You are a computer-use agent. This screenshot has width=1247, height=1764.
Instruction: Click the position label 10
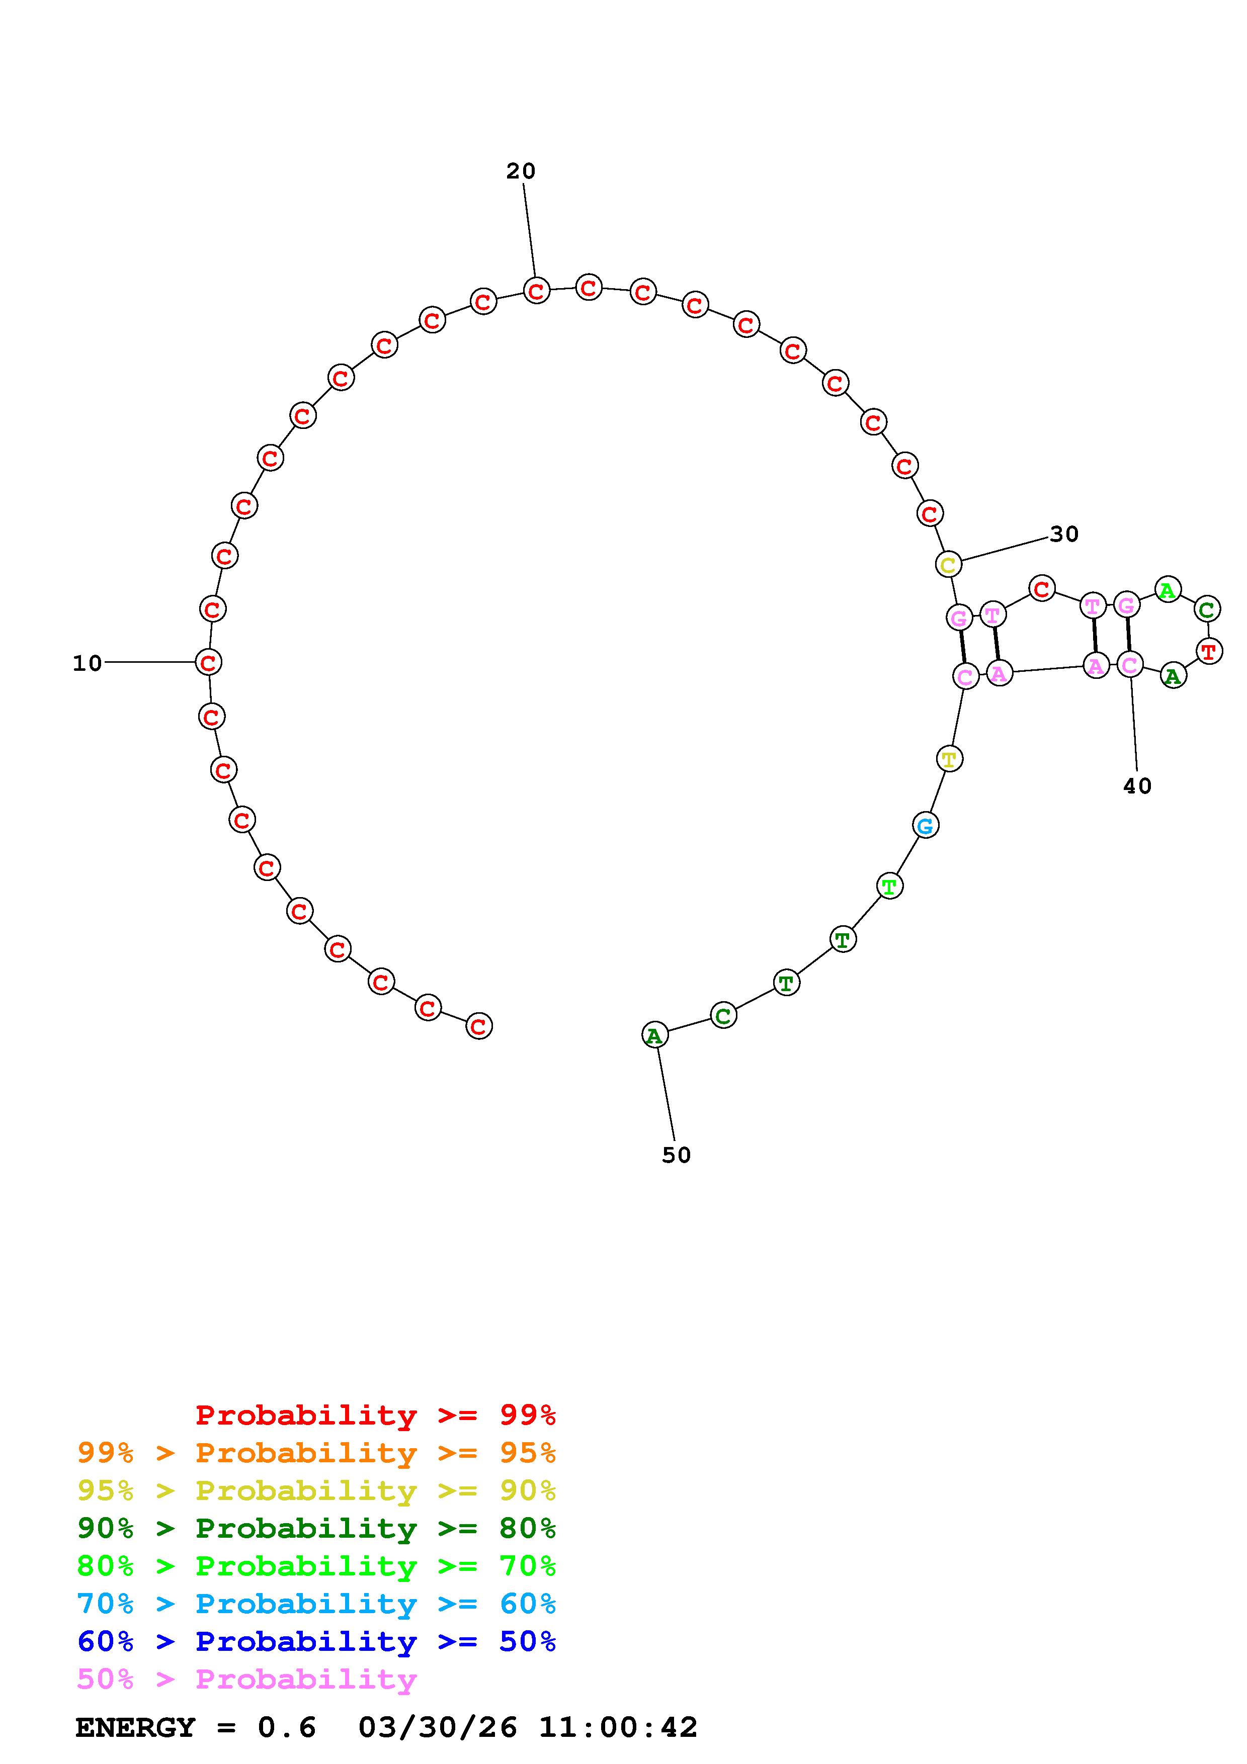click(87, 663)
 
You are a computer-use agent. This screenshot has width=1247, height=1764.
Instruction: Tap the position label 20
click(520, 171)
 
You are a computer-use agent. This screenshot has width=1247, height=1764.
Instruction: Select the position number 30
click(1064, 534)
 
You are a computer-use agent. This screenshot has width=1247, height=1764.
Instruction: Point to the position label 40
click(1137, 786)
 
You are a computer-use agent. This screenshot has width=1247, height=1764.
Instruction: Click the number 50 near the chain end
click(676, 1156)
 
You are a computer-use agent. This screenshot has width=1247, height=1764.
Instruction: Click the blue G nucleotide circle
click(926, 826)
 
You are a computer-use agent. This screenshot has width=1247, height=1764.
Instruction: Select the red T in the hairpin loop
click(1209, 652)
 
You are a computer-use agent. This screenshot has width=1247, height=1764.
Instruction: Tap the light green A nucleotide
click(1167, 590)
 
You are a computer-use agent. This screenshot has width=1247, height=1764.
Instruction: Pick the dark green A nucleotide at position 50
click(654, 1036)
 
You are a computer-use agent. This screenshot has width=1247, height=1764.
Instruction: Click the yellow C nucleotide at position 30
click(949, 565)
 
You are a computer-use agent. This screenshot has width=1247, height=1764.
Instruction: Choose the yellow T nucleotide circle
click(950, 759)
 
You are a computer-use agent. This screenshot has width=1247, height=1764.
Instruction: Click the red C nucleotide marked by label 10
click(208, 662)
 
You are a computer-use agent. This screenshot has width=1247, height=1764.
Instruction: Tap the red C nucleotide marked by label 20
click(536, 291)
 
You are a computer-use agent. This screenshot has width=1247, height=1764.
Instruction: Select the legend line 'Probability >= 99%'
click(375, 1415)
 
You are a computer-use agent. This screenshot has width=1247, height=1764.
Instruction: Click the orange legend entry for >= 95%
click(316, 1453)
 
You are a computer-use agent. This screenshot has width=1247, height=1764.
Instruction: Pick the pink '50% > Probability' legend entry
click(246, 1679)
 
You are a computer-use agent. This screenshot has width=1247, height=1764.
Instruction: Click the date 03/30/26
click(437, 1728)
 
